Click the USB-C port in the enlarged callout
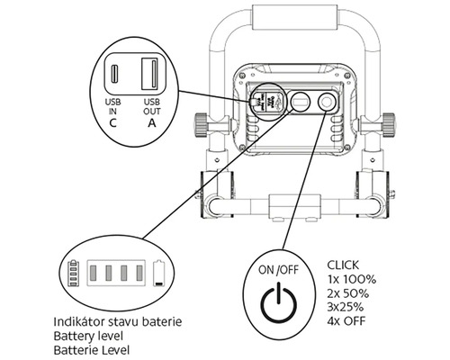tap(114, 74)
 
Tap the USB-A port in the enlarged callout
tap(150, 74)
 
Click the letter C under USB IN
tap(112, 123)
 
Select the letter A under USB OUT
tap(152, 123)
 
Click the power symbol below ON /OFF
tap(279, 302)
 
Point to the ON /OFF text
tap(279, 270)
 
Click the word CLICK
tap(343, 265)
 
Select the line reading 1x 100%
tap(352, 279)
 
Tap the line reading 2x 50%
tap(348, 293)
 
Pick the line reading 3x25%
tap(346, 307)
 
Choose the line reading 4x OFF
tap(346, 321)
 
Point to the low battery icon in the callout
tap(159, 273)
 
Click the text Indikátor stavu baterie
tap(118, 321)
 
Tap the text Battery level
tap(88, 336)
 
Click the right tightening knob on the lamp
tap(389, 125)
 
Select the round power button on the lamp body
tap(326, 103)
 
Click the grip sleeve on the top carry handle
tap(296, 18)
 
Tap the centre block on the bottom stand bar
tap(294, 206)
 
